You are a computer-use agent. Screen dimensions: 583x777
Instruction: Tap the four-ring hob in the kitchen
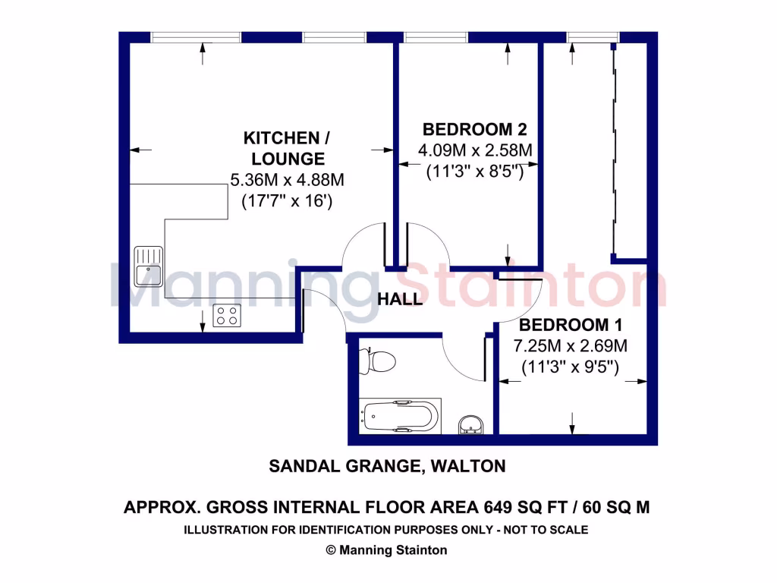pyautogui.click(x=227, y=315)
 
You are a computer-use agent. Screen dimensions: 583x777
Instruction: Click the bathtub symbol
pyautogui.click(x=401, y=417)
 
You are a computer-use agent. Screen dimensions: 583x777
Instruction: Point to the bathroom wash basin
pyautogui.click(x=472, y=425)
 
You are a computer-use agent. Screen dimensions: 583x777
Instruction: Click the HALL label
pyautogui.click(x=400, y=300)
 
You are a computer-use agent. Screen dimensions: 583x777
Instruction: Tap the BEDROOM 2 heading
pyautogui.click(x=475, y=129)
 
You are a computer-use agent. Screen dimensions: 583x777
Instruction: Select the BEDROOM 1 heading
pyautogui.click(x=571, y=326)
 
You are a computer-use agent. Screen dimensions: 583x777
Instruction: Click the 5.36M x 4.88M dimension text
pyautogui.click(x=287, y=181)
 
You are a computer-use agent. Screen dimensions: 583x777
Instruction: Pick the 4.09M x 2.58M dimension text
pyautogui.click(x=475, y=150)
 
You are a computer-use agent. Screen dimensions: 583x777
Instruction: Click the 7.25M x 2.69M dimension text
pyautogui.click(x=571, y=347)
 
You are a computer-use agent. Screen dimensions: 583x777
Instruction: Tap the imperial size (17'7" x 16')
pyautogui.click(x=287, y=202)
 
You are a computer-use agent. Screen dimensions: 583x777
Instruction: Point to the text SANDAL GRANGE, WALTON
pyautogui.click(x=387, y=466)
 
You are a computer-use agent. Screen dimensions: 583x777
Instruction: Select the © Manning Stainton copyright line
pyautogui.click(x=387, y=550)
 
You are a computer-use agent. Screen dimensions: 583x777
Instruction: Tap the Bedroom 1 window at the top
pyautogui.click(x=583, y=36)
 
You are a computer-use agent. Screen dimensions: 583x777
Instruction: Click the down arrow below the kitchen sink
pyautogui.click(x=203, y=322)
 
